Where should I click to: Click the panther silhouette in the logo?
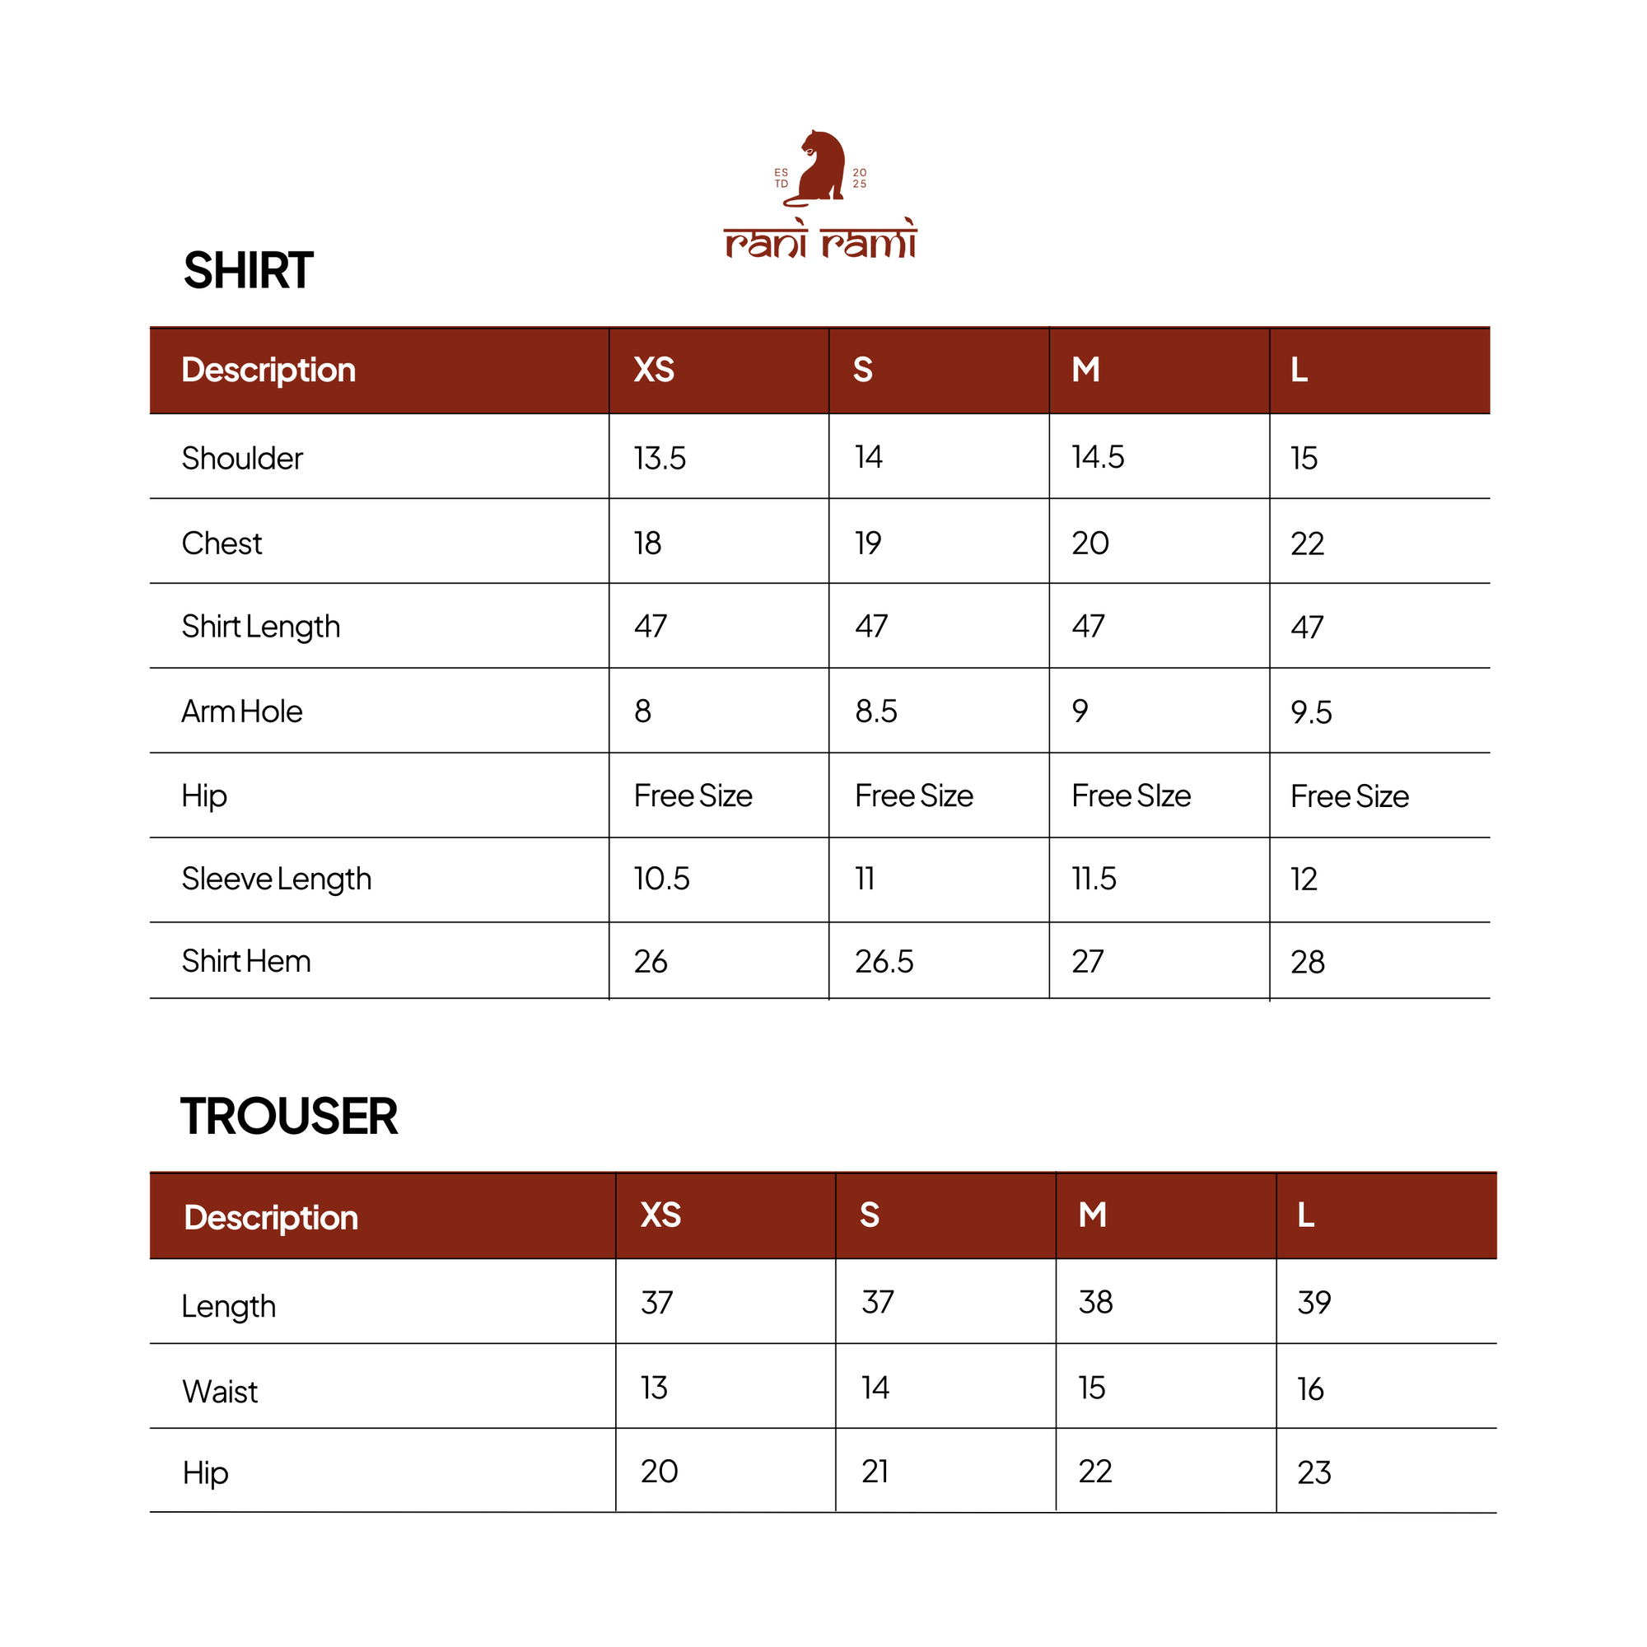(820, 168)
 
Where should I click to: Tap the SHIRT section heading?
(248, 271)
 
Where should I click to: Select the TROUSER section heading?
(289, 1117)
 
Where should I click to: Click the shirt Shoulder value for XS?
(659, 459)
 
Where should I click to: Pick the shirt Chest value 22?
(1307, 544)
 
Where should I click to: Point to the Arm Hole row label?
(242, 712)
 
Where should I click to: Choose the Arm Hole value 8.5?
(875, 712)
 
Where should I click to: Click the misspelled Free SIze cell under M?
(1131, 796)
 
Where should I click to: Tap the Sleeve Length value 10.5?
(661, 879)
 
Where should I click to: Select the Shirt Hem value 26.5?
(884, 963)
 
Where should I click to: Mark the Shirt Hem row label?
(246, 962)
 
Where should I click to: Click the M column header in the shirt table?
(1085, 370)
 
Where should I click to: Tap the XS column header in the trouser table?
(660, 1215)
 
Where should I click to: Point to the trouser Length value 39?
(1313, 1303)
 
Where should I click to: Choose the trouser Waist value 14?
(875, 1388)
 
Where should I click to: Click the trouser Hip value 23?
(1313, 1473)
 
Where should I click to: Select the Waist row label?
(220, 1392)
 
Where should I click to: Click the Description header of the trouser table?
(271, 1218)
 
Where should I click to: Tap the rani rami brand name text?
(820, 241)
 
